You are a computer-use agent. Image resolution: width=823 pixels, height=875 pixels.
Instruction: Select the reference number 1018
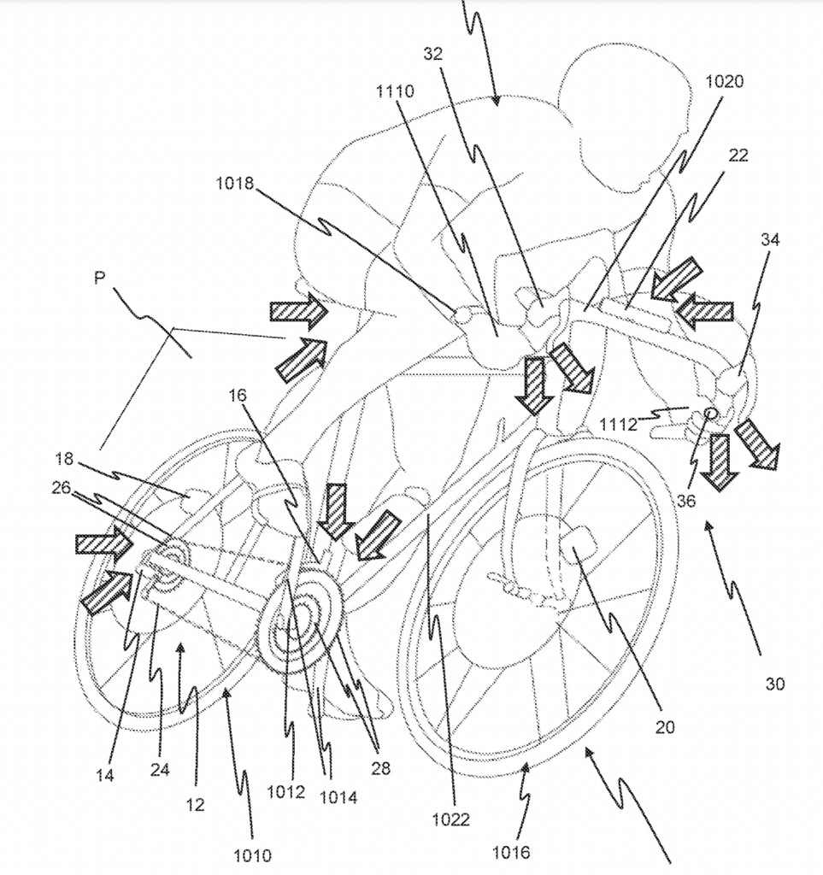click(x=234, y=183)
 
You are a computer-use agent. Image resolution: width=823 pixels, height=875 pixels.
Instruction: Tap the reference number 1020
click(x=725, y=82)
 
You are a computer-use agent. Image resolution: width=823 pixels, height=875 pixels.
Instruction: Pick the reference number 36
click(x=686, y=502)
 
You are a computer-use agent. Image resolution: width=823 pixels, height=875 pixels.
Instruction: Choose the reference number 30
click(x=774, y=684)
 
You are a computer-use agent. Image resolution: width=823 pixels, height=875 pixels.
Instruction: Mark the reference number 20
click(x=665, y=727)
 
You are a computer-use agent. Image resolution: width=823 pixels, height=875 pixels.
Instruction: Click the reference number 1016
click(x=511, y=852)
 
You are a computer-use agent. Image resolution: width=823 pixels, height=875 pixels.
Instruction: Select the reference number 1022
click(x=450, y=819)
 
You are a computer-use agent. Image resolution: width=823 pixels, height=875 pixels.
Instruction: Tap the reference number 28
click(x=380, y=768)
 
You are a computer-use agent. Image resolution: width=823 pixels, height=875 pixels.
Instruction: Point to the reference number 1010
click(x=252, y=854)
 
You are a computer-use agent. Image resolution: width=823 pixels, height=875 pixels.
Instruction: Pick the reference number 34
click(x=769, y=240)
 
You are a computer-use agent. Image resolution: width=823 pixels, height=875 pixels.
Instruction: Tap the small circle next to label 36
click(x=709, y=414)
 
